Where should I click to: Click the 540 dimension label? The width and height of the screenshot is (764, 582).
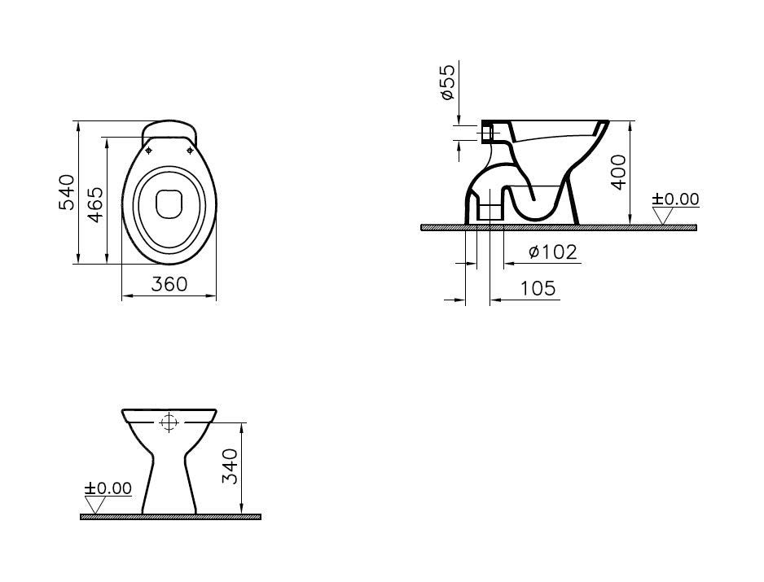click(67, 192)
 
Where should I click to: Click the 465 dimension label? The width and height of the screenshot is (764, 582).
click(95, 204)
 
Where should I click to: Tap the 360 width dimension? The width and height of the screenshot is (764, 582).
click(169, 284)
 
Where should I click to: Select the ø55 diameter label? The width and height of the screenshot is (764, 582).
click(447, 82)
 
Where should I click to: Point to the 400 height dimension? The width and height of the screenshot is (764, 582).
click(618, 172)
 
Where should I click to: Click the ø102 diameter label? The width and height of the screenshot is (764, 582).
click(552, 252)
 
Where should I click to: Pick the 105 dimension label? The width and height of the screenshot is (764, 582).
click(538, 288)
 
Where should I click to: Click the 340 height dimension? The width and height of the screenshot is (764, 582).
click(230, 466)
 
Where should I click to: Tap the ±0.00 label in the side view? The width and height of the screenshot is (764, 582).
click(675, 199)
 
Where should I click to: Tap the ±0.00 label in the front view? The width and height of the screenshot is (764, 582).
click(108, 488)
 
